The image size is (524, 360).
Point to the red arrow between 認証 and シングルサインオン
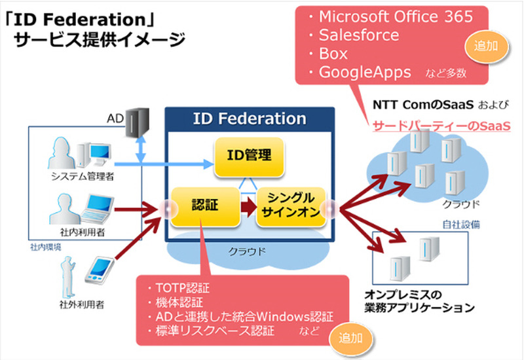[x=246, y=206]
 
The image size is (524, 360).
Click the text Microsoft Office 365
[x=396, y=17]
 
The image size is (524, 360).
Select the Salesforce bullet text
[x=359, y=35]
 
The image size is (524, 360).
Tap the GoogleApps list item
[x=365, y=72]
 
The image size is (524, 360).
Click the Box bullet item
[x=333, y=53]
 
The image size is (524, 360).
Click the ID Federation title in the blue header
[x=250, y=118]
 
